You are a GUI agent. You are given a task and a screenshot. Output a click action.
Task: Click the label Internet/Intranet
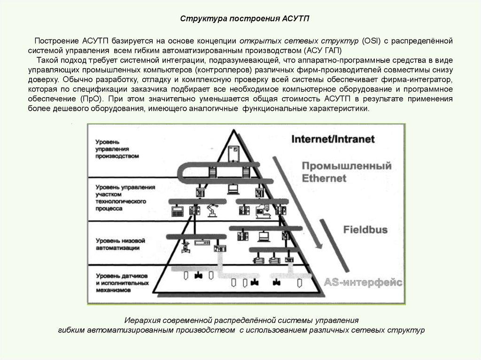pyautogui.click(x=333, y=139)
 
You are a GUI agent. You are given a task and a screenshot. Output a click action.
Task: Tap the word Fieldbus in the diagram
pyautogui.click(x=365, y=230)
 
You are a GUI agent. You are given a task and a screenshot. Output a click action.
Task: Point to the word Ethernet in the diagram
pyautogui.click(x=324, y=178)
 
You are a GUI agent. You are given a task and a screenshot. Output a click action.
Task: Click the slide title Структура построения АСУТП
pyautogui.click(x=246, y=19)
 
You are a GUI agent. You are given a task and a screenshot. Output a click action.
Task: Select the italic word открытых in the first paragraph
pyautogui.click(x=262, y=41)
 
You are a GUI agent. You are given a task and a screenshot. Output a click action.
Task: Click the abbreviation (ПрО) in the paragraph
pyautogui.click(x=90, y=100)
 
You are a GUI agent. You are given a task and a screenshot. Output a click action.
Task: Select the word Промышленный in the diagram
pyautogui.click(x=347, y=166)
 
